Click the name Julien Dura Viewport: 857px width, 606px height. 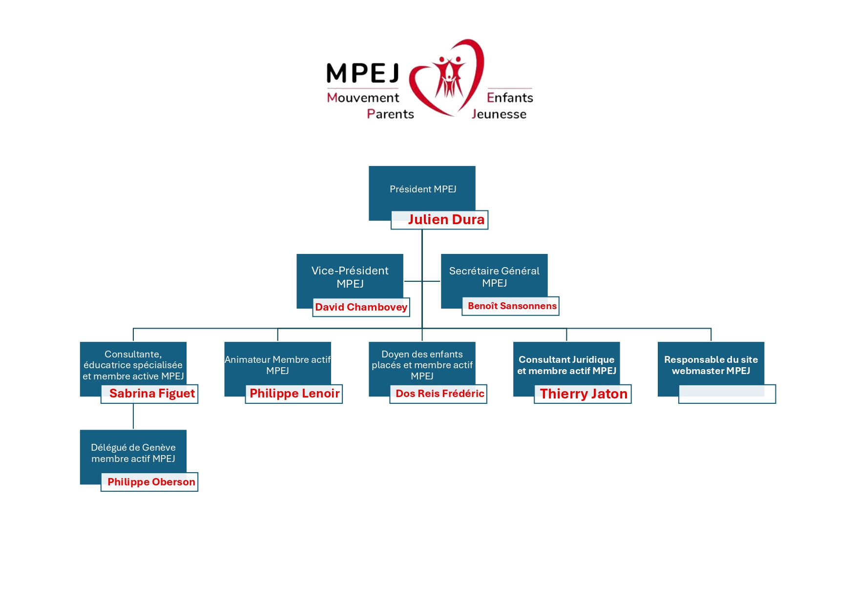[x=446, y=220]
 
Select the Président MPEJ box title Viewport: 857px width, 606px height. [x=423, y=189]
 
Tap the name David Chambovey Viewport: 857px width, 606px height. [x=361, y=307]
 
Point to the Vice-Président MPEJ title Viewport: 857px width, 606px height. [x=350, y=277]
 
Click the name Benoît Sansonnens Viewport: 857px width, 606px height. [x=512, y=306]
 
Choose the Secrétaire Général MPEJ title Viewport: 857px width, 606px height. [x=494, y=277]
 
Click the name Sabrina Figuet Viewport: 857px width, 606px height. [x=152, y=394]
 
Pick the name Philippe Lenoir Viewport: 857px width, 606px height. [x=294, y=394]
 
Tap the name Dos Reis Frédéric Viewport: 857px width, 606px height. [x=439, y=394]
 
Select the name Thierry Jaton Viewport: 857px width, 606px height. [x=584, y=394]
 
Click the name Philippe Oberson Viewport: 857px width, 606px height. [x=151, y=482]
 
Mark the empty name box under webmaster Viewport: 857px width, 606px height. [x=727, y=394]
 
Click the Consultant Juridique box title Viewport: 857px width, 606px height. [x=566, y=365]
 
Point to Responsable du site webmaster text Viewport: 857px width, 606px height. [x=711, y=365]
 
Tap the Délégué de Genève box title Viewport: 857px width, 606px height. [x=133, y=453]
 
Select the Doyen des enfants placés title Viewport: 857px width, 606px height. [x=422, y=365]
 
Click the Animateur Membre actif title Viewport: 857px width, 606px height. [x=277, y=365]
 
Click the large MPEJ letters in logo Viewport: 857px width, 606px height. [x=362, y=73]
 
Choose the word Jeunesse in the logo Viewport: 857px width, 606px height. [x=499, y=114]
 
